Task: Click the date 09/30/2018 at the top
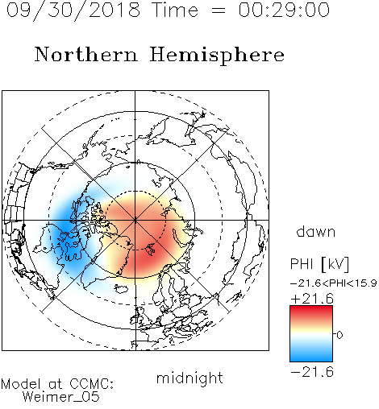(x=73, y=10)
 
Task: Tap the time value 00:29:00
(x=284, y=10)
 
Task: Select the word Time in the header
(x=175, y=10)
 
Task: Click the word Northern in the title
(x=85, y=54)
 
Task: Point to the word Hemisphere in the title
(x=217, y=55)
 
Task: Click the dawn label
(x=316, y=231)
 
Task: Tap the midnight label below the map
(x=189, y=378)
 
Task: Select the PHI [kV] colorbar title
(x=319, y=264)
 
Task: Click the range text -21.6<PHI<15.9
(x=334, y=283)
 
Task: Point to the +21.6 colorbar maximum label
(x=312, y=299)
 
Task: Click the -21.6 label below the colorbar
(x=312, y=372)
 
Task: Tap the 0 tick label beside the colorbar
(x=339, y=335)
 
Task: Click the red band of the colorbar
(x=311, y=312)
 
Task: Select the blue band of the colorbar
(x=311, y=354)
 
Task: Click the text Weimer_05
(x=61, y=397)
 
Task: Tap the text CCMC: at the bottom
(x=92, y=384)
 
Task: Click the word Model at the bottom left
(x=21, y=384)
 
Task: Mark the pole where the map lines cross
(x=135, y=220)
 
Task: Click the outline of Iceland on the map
(x=121, y=289)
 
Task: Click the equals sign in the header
(x=218, y=10)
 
